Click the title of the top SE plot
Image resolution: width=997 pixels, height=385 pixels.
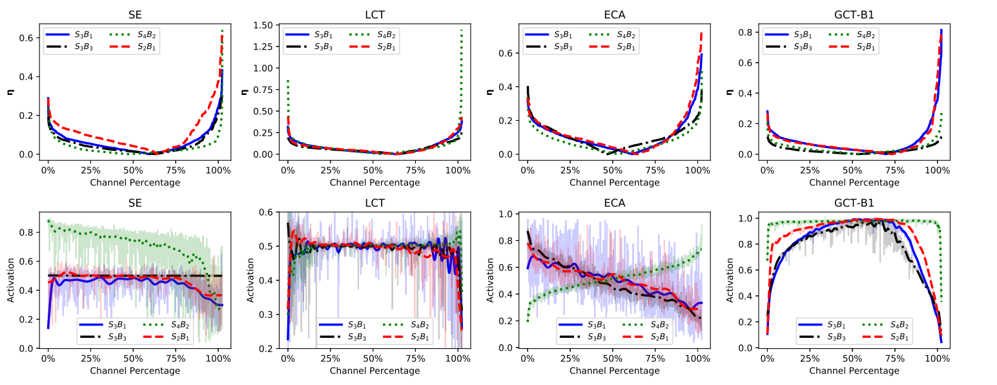click(x=134, y=14)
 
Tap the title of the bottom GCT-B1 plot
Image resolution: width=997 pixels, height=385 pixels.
click(x=854, y=203)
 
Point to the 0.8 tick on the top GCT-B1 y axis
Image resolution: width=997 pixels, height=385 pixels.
click(x=752, y=32)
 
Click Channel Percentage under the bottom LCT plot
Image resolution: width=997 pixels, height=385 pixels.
click(x=374, y=371)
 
